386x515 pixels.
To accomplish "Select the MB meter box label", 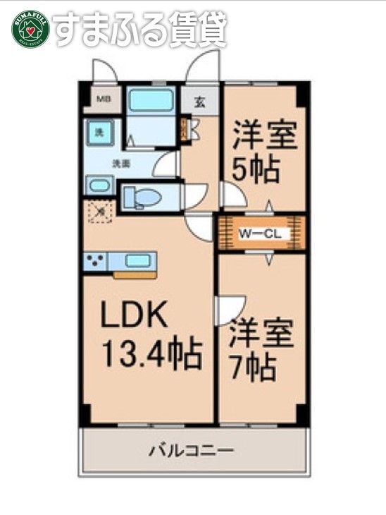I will [x=103, y=99].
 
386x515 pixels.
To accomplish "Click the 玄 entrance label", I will [x=200, y=101].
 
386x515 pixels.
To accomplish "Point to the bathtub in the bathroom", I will [x=151, y=100].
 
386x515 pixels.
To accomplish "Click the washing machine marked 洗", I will [x=100, y=133].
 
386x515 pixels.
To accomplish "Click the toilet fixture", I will [x=145, y=196].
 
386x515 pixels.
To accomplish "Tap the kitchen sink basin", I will [x=136, y=261].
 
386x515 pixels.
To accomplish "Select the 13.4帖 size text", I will [x=152, y=353].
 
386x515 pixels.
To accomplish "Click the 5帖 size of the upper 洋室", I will [x=257, y=169].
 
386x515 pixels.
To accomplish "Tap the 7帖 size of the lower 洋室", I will [x=252, y=368].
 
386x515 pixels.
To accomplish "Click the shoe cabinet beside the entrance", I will [x=185, y=130].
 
